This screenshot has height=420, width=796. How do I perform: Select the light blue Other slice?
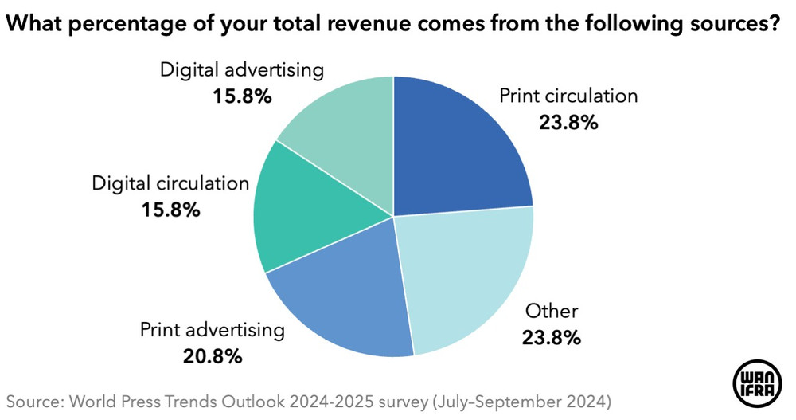click(466, 275)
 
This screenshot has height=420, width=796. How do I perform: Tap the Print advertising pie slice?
click(342, 299)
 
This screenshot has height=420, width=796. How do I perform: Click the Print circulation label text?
click(568, 96)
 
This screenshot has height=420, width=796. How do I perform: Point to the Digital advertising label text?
click(242, 69)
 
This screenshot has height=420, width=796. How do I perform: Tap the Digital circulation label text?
click(170, 183)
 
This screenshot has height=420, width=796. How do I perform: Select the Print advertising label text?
click(212, 329)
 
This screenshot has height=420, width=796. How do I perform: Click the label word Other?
click(551, 310)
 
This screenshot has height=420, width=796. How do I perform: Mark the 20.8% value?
click(212, 356)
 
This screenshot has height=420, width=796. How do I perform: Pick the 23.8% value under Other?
click(551, 337)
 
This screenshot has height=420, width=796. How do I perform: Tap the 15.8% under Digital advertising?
click(242, 96)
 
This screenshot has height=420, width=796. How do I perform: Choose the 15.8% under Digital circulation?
click(170, 210)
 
